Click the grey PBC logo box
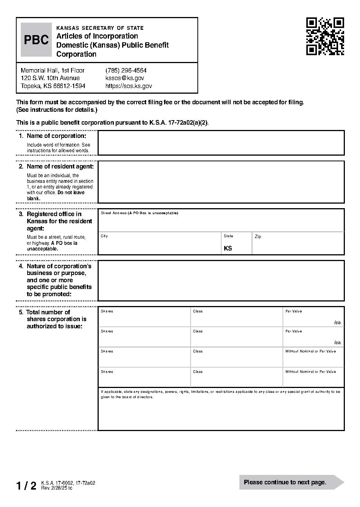[36, 40]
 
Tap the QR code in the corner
[325, 36]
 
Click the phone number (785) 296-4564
[126, 70]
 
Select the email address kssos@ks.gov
[124, 78]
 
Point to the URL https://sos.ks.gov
[129, 86]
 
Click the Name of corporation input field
[221, 142]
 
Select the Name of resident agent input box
[221, 182]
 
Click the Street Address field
[221, 223]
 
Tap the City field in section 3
[160, 245]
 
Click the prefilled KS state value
[228, 248]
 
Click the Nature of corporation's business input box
[221, 280]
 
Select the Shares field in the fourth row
[144, 379]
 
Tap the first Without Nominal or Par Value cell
[313, 359]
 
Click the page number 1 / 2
[26, 485]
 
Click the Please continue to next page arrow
[291, 482]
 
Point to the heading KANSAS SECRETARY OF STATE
[100, 28]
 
